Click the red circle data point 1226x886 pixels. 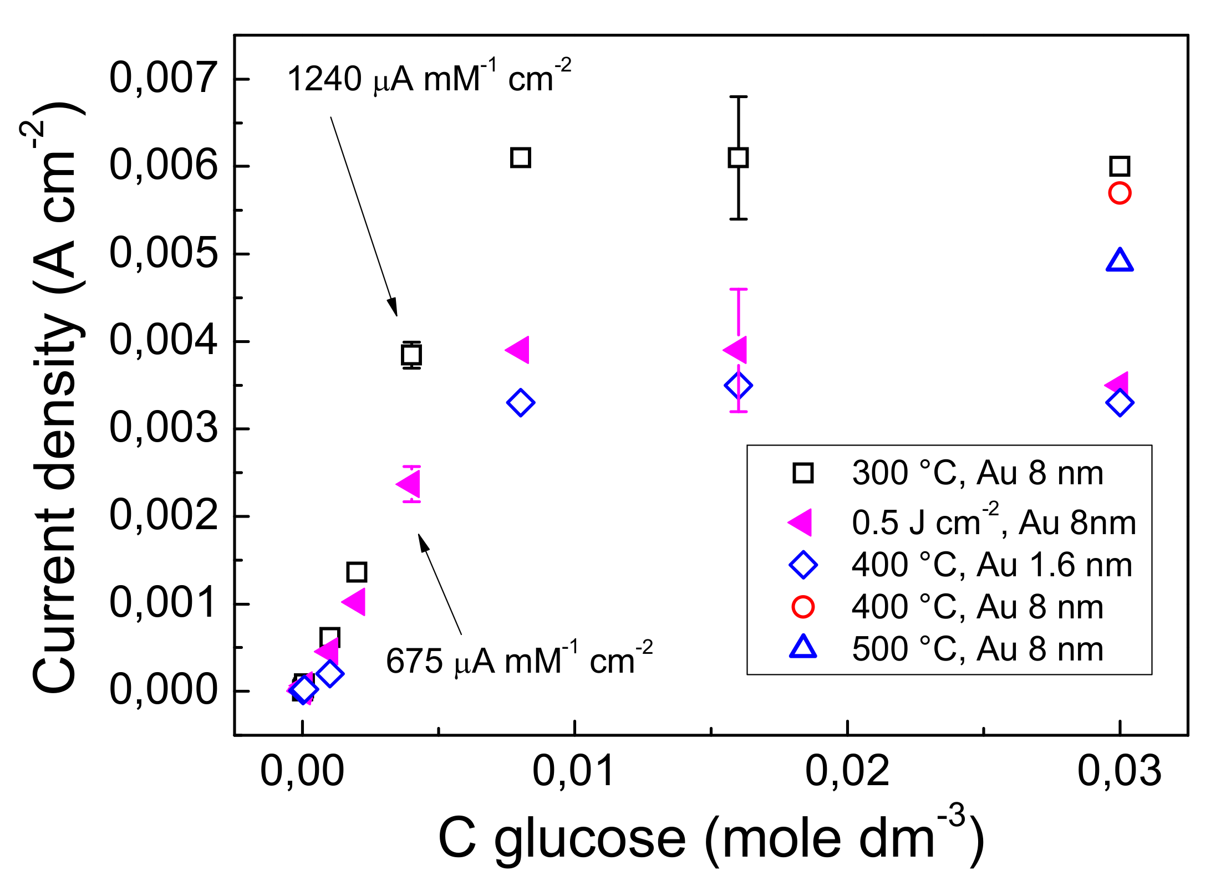click(x=1119, y=193)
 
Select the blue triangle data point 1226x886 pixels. click(x=1119, y=260)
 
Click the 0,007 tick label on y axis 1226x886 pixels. click(x=163, y=78)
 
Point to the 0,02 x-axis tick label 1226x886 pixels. click(x=847, y=771)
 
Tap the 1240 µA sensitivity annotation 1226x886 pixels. click(x=428, y=78)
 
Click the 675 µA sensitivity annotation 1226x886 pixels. click(x=518, y=660)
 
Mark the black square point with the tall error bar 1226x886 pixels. click(x=738, y=158)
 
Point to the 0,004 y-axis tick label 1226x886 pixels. click(x=163, y=341)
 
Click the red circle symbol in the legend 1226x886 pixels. click(x=802, y=607)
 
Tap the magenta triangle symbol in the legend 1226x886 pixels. click(x=801, y=522)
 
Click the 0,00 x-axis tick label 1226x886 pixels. click(x=302, y=771)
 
